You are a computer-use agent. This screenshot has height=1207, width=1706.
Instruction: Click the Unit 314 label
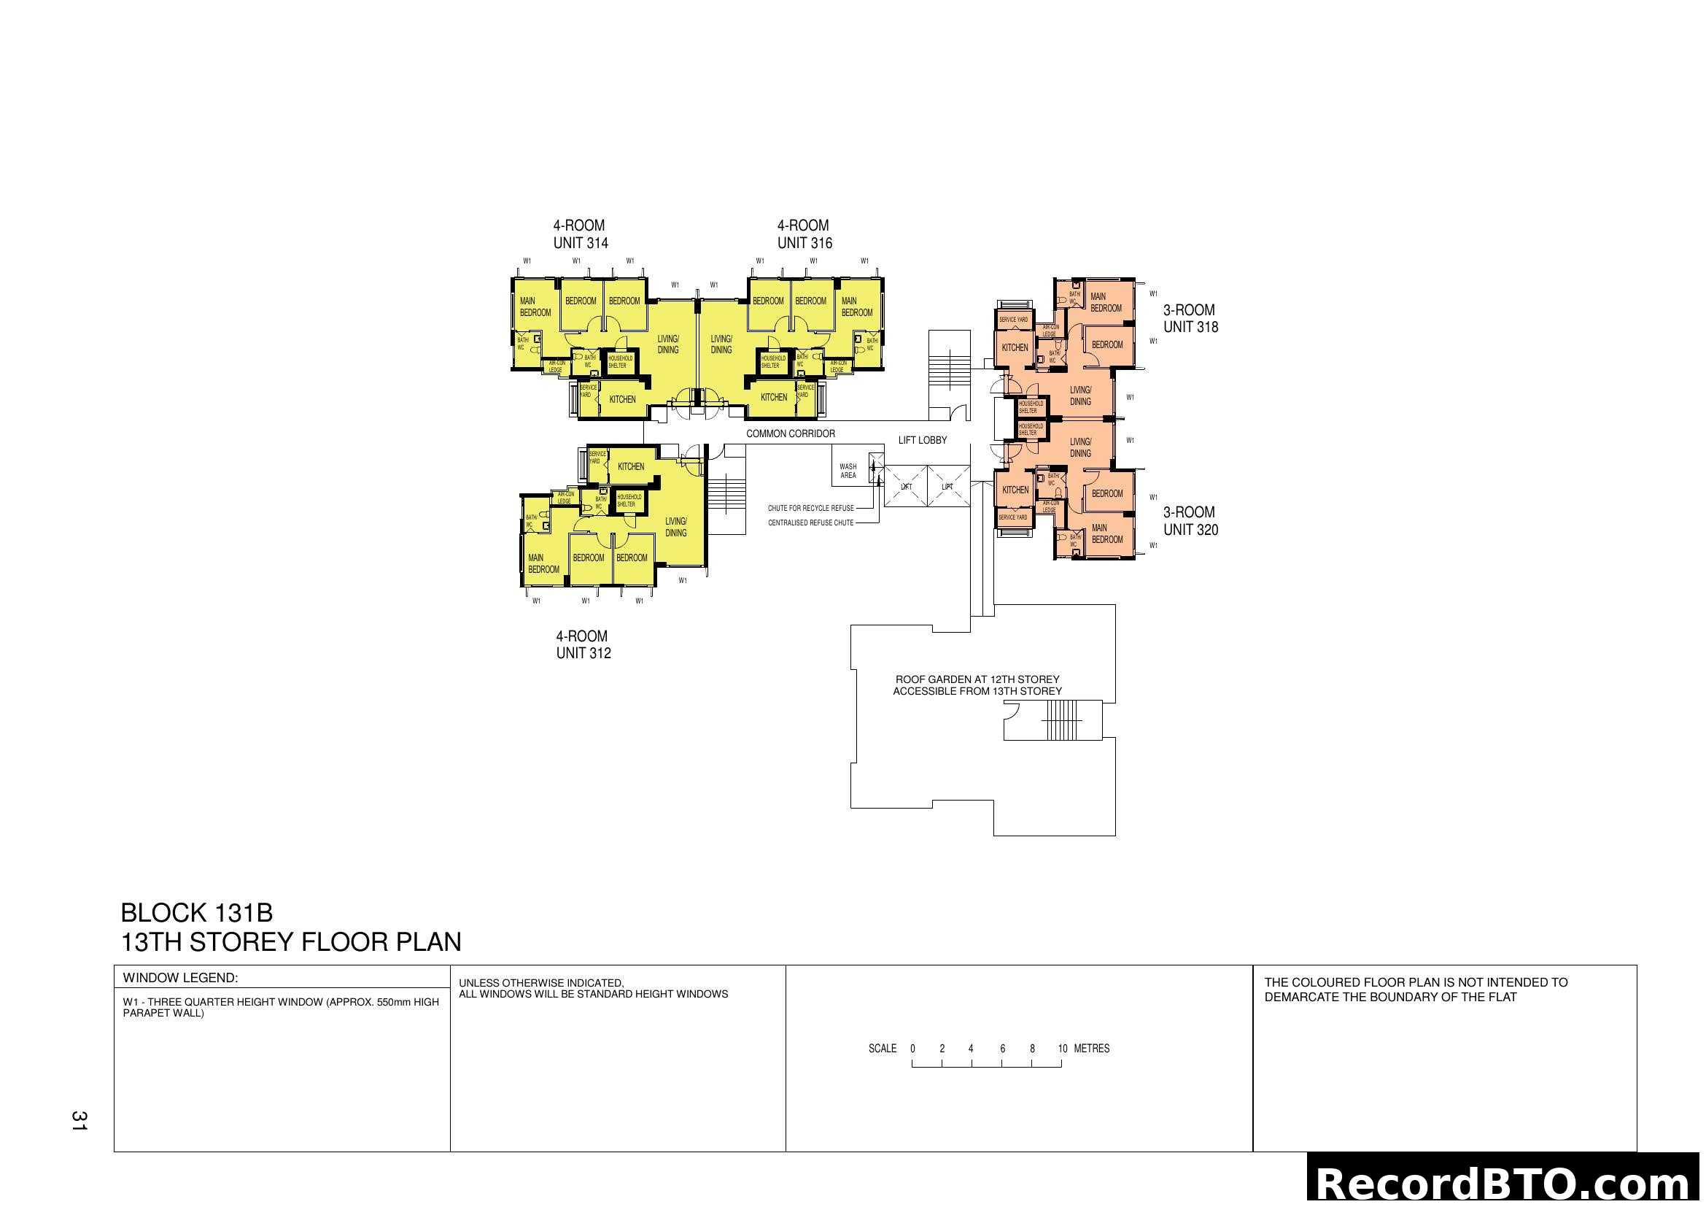(x=581, y=242)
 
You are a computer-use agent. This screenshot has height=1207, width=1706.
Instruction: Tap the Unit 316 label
(x=804, y=242)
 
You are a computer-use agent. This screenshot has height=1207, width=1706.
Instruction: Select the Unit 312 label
(x=583, y=653)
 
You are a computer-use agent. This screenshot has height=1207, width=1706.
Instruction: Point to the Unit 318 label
(x=1190, y=327)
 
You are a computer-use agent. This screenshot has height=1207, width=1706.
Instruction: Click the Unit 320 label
(x=1190, y=530)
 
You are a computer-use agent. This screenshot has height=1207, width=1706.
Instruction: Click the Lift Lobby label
(x=922, y=440)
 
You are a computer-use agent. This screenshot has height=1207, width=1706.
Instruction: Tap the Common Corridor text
(x=791, y=433)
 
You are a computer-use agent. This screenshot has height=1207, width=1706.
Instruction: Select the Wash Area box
(x=848, y=471)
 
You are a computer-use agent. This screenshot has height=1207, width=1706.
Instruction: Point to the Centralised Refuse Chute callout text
(x=810, y=523)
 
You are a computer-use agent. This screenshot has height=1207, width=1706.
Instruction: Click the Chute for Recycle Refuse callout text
(x=810, y=509)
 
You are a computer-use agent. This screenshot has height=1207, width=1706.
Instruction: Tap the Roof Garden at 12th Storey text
(x=977, y=679)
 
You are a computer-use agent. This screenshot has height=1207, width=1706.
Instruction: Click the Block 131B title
(x=197, y=913)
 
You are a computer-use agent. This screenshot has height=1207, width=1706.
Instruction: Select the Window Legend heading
(x=180, y=978)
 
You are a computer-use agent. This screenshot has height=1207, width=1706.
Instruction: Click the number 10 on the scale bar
(x=1063, y=1049)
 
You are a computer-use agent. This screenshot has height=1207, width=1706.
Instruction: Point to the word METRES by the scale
(x=1092, y=1049)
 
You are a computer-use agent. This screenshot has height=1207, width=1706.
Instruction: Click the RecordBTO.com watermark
(x=1504, y=1183)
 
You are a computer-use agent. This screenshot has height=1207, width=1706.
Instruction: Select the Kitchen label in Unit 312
(x=631, y=467)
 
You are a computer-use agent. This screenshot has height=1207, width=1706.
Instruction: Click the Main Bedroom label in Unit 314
(x=535, y=307)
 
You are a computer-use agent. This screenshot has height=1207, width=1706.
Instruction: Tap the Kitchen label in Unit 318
(x=1015, y=348)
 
